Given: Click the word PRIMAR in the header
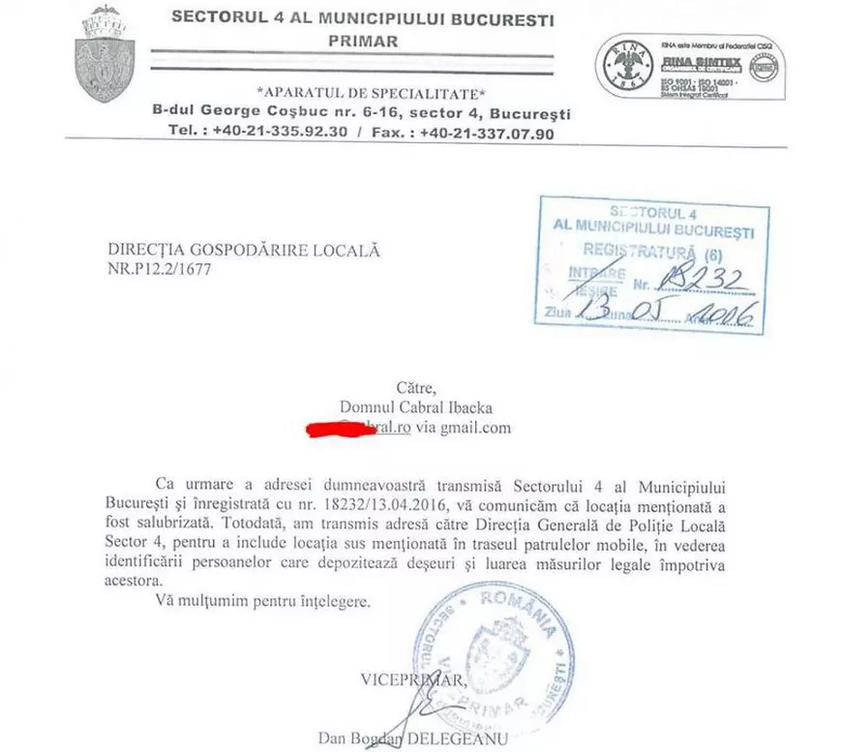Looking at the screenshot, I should click(x=362, y=41).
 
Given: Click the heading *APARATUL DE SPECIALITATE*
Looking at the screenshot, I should click(x=370, y=93).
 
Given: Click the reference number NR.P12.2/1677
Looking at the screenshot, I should click(x=159, y=269).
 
